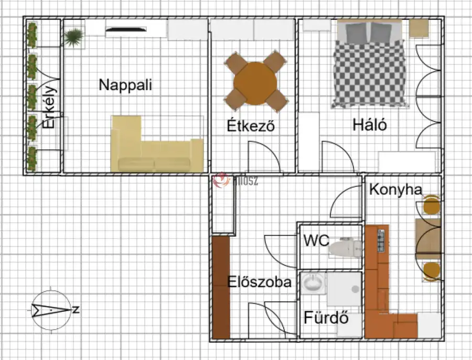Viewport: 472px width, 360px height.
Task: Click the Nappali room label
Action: (x=125, y=85)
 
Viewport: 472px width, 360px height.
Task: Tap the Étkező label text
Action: (x=251, y=126)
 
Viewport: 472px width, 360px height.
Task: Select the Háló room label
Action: (x=370, y=125)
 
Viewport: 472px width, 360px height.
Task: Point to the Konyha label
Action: (x=395, y=190)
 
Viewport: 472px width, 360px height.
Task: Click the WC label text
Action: (x=316, y=241)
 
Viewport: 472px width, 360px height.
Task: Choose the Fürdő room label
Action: (x=326, y=318)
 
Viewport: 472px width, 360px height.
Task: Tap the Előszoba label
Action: (x=260, y=282)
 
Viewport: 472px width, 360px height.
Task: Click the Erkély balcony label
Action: (x=49, y=107)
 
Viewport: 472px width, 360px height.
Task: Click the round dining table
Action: (x=256, y=82)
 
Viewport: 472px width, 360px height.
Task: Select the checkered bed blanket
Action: (x=370, y=74)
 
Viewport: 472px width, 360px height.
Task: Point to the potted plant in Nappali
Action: (x=74, y=36)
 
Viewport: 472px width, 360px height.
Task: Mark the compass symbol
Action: (x=50, y=310)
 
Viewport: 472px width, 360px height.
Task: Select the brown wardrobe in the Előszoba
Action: (x=221, y=288)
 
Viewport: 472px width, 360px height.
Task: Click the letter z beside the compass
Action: (x=76, y=310)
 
